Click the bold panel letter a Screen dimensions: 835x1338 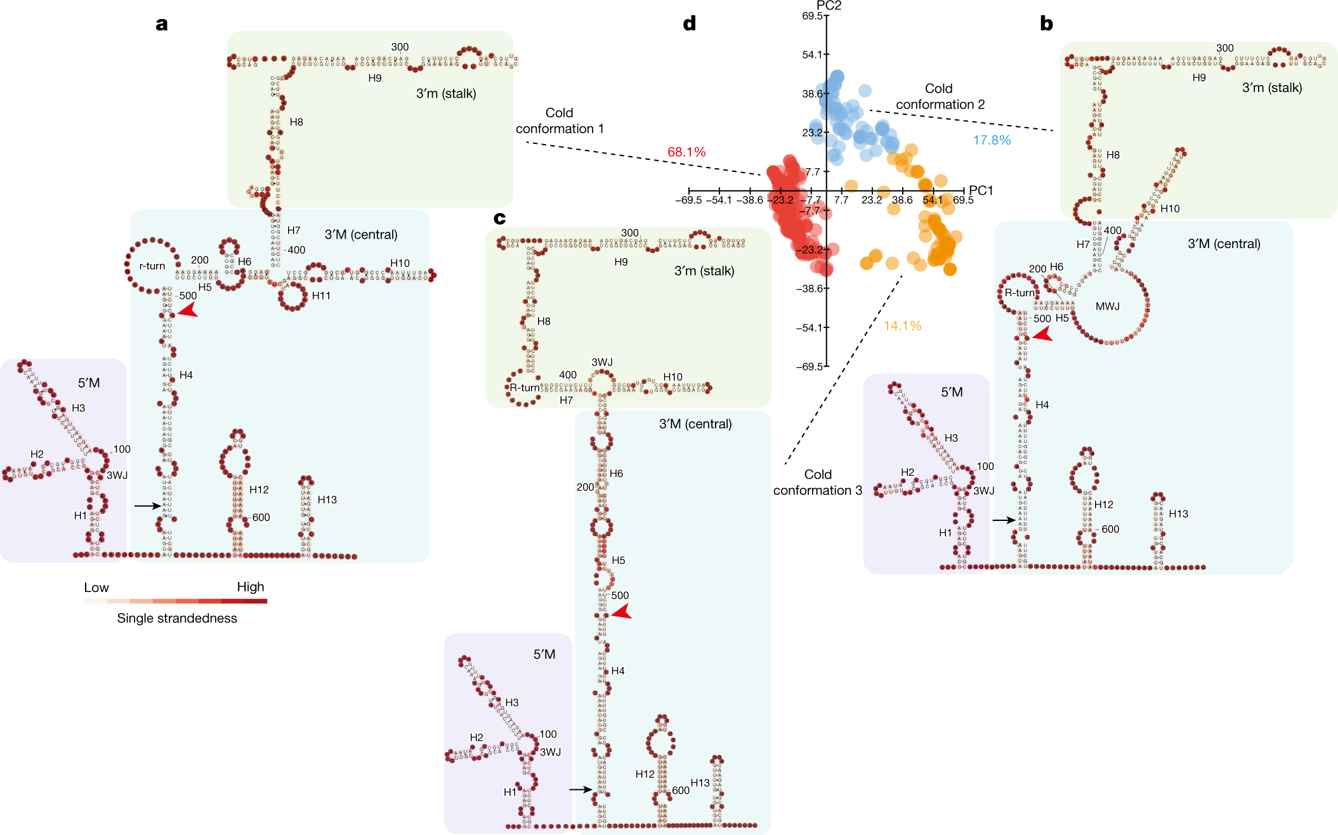pos(162,24)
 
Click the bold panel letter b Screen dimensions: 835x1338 pos(1046,24)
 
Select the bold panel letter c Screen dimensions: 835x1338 pos(500,218)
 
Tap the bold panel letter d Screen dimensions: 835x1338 pos(689,24)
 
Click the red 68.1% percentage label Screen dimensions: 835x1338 pos(686,152)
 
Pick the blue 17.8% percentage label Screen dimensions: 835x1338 pos(992,140)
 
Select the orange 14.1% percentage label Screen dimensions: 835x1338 pos(902,326)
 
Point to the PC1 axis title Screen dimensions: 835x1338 pos(981,190)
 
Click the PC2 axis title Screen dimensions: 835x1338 pos(829,6)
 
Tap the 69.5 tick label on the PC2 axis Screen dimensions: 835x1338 pos(812,16)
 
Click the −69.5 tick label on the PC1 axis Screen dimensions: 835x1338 pos(688,201)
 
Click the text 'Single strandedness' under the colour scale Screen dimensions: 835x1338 pos(177,618)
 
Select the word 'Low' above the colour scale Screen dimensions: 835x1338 pos(96,588)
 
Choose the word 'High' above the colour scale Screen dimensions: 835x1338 pos(251,587)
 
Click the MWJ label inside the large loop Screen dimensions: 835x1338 pos(1108,306)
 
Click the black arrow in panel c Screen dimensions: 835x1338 pos(580,789)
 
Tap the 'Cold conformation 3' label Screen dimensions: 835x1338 pos(818,482)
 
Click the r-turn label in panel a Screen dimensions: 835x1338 pos(152,266)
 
